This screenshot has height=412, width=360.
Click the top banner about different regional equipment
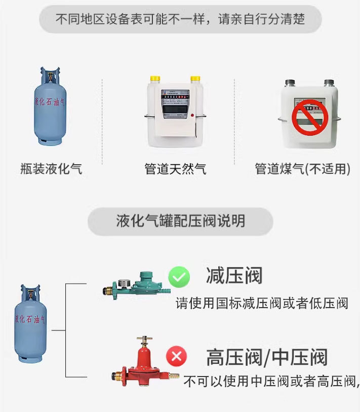[x=180, y=20]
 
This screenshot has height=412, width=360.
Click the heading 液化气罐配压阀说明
[x=180, y=221]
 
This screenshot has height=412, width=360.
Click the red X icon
[x=177, y=356]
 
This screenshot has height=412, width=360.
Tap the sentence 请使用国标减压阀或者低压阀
[x=262, y=304]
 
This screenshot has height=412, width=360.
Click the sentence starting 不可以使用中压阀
[x=271, y=381]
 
